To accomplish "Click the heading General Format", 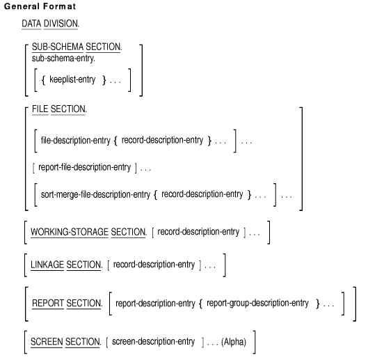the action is (40, 6).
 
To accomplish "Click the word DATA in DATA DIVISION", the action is (31, 24).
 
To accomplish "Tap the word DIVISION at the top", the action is (61, 24).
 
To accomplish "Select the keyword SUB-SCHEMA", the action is (58, 47).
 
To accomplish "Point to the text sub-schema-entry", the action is (63, 58).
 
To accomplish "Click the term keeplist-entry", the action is (72, 79).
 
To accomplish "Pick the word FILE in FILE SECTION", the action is (40, 109).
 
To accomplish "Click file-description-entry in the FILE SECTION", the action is (76, 140).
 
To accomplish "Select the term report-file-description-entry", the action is (84, 167).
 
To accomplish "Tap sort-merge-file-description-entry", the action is (95, 194).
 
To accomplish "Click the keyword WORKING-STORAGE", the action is (70, 232).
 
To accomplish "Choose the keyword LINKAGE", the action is (47, 265).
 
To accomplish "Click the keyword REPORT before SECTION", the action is (48, 303).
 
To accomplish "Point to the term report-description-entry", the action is (155, 304).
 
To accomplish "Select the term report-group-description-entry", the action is (257, 303).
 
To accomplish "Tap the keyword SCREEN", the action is (47, 342).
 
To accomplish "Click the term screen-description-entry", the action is (154, 341).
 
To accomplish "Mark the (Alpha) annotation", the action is (234, 342).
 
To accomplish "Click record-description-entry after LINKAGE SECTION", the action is (154, 265).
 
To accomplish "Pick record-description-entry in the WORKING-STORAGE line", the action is (198, 232).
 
